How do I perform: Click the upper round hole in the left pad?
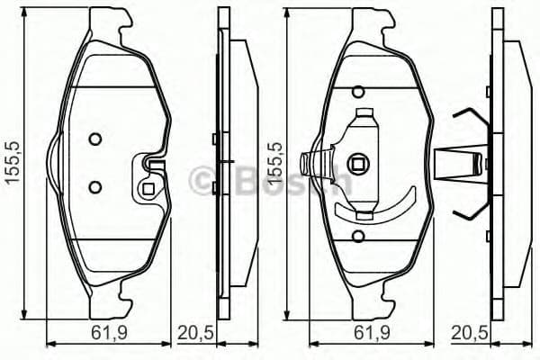(95, 139)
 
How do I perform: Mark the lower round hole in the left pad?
(95, 186)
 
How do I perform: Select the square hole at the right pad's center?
(360, 164)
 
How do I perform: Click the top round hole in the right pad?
(358, 90)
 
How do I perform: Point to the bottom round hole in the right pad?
(358, 238)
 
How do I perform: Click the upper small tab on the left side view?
(212, 139)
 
